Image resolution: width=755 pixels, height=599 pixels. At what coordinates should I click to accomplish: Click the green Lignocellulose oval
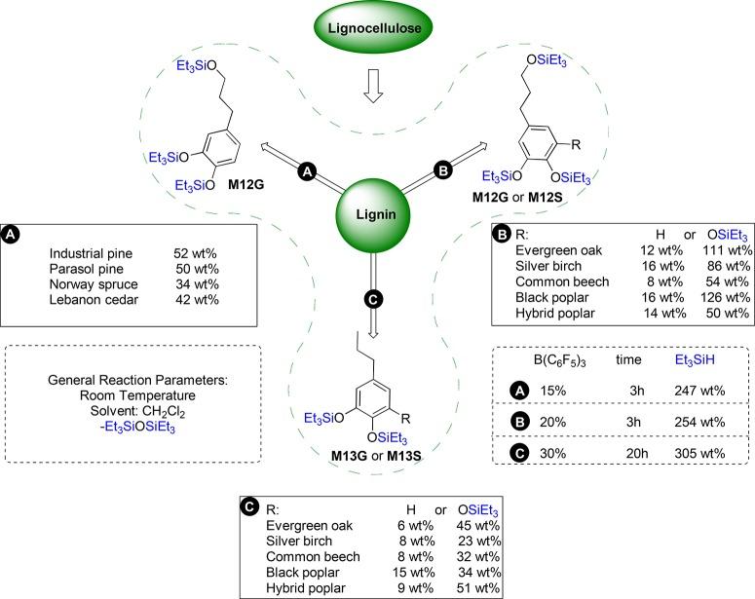(377, 28)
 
